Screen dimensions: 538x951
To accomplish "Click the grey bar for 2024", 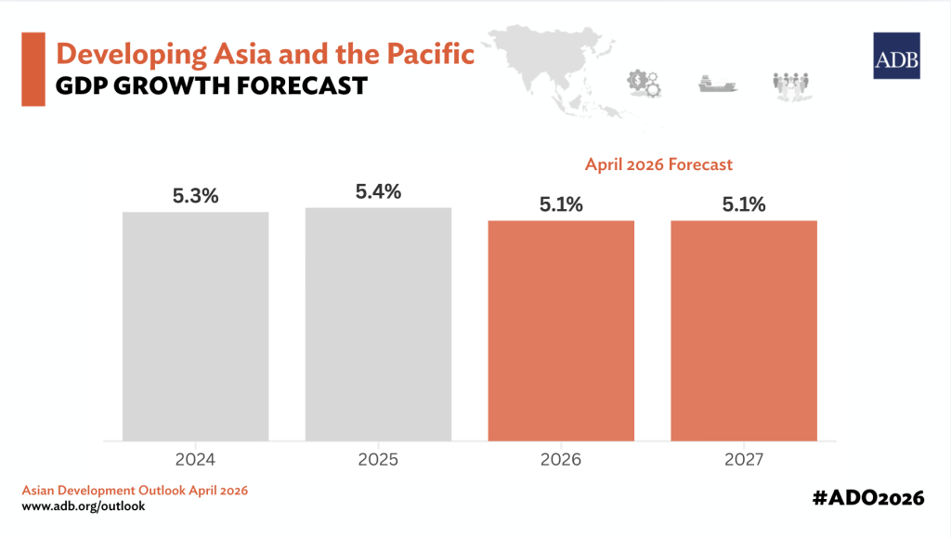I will (195, 325).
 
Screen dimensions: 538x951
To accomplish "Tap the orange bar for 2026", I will (561, 330).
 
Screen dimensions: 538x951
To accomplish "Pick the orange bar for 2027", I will (744, 330).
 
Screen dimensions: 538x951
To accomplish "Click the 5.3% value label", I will (195, 196).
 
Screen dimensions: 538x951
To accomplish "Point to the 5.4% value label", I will (378, 192).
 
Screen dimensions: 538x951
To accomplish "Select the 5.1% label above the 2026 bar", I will (561, 205).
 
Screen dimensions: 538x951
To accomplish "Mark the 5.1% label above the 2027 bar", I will (744, 205).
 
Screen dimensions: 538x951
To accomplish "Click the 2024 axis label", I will (195, 458).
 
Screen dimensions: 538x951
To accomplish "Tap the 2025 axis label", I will (378, 458).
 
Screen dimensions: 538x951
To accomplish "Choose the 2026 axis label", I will (561, 458).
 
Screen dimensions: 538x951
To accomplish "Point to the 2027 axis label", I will (744, 458).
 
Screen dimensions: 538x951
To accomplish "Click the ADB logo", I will (896, 56).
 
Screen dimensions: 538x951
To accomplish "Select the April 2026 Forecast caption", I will (658, 164).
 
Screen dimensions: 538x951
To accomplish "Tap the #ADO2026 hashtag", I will (867, 498).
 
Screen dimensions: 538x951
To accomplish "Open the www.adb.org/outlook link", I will (83, 506).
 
